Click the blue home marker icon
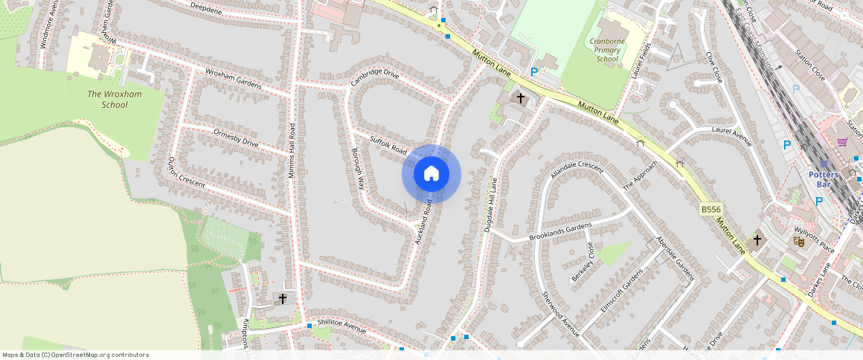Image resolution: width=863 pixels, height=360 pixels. [x=431, y=174]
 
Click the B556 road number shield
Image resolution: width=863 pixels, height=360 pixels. [x=712, y=210]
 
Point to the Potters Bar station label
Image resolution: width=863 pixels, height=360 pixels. [x=824, y=179]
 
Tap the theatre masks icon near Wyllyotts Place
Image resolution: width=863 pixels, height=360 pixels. [x=799, y=241]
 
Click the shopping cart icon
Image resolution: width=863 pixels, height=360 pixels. [x=842, y=142]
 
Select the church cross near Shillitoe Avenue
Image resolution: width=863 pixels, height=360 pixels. [x=283, y=298]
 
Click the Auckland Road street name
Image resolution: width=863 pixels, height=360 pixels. [x=424, y=222]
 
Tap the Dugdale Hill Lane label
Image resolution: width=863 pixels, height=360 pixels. [x=490, y=205]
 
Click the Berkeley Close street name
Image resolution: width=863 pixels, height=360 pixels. [x=581, y=262]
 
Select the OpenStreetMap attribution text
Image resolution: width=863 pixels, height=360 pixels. [x=74, y=355]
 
